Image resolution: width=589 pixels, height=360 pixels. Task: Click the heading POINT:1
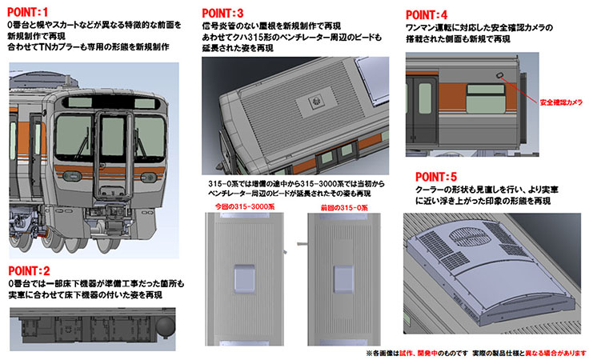[29, 12]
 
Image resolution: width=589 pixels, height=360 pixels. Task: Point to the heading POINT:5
[437, 175]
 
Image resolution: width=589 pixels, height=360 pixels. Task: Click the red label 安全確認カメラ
[560, 102]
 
